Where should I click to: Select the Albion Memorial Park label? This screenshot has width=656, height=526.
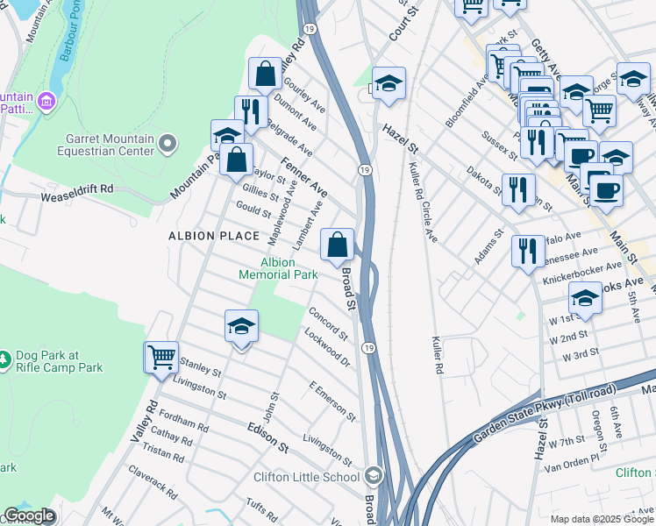click(279, 268)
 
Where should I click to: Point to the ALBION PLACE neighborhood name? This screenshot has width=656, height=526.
click(214, 236)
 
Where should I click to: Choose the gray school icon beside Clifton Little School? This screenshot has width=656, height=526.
click(374, 477)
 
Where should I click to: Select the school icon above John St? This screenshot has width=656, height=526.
click(241, 327)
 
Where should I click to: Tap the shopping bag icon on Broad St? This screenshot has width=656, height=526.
click(338, 245)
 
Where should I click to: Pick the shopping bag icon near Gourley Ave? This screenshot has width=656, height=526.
click(265, 75)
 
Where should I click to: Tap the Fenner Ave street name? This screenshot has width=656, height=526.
click(303, 177)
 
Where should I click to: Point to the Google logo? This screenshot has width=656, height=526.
click(29, 516)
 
